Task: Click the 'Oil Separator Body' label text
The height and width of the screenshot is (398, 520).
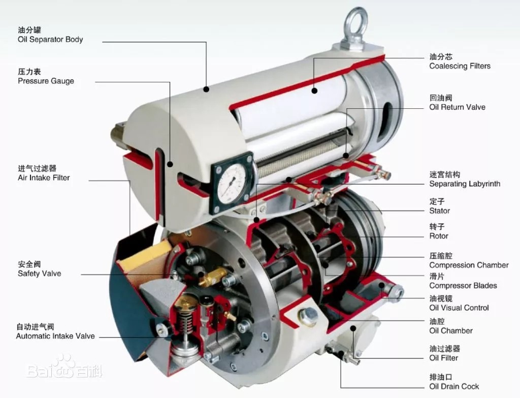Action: click(50, 40)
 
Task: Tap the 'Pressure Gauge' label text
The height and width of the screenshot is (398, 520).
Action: click(46, 81)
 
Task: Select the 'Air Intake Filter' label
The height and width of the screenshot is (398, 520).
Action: click(44, 177)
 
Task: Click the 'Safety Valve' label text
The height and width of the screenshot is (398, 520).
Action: click(40, 273)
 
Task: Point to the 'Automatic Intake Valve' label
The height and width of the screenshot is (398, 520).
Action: click(55, 336)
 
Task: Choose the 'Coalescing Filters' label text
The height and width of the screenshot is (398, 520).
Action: click(460, 66)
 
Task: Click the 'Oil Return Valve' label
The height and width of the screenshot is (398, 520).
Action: click(457, 107)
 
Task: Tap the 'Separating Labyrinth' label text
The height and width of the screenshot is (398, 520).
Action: click(465, 183)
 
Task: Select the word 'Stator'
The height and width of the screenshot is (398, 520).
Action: click(439, 211)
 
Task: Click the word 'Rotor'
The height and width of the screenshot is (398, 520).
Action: click(438, 236)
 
